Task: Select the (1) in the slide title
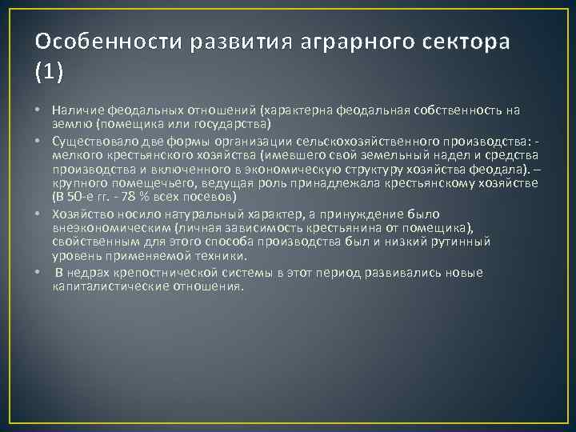[49, 71]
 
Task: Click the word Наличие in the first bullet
[75, 109]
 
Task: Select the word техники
[224, 257]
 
